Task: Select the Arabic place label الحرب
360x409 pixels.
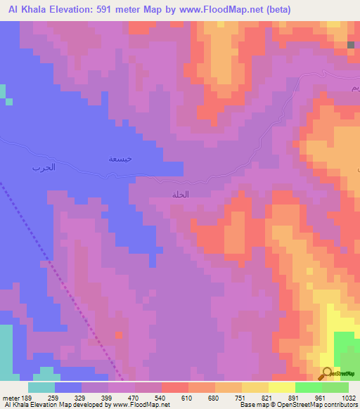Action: coord(44,168)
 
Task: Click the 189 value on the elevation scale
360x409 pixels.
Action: coord(26,398)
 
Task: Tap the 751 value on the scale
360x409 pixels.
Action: coord(242,398)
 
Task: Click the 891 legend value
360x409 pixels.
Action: coord(295,398)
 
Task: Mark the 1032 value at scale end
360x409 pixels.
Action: coord(348,398)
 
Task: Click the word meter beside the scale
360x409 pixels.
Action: coord(10,398)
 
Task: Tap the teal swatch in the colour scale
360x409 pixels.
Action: coord(41,387)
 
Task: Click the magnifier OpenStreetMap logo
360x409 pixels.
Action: coord(327,374)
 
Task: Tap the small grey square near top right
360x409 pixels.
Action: coord(350,45)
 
